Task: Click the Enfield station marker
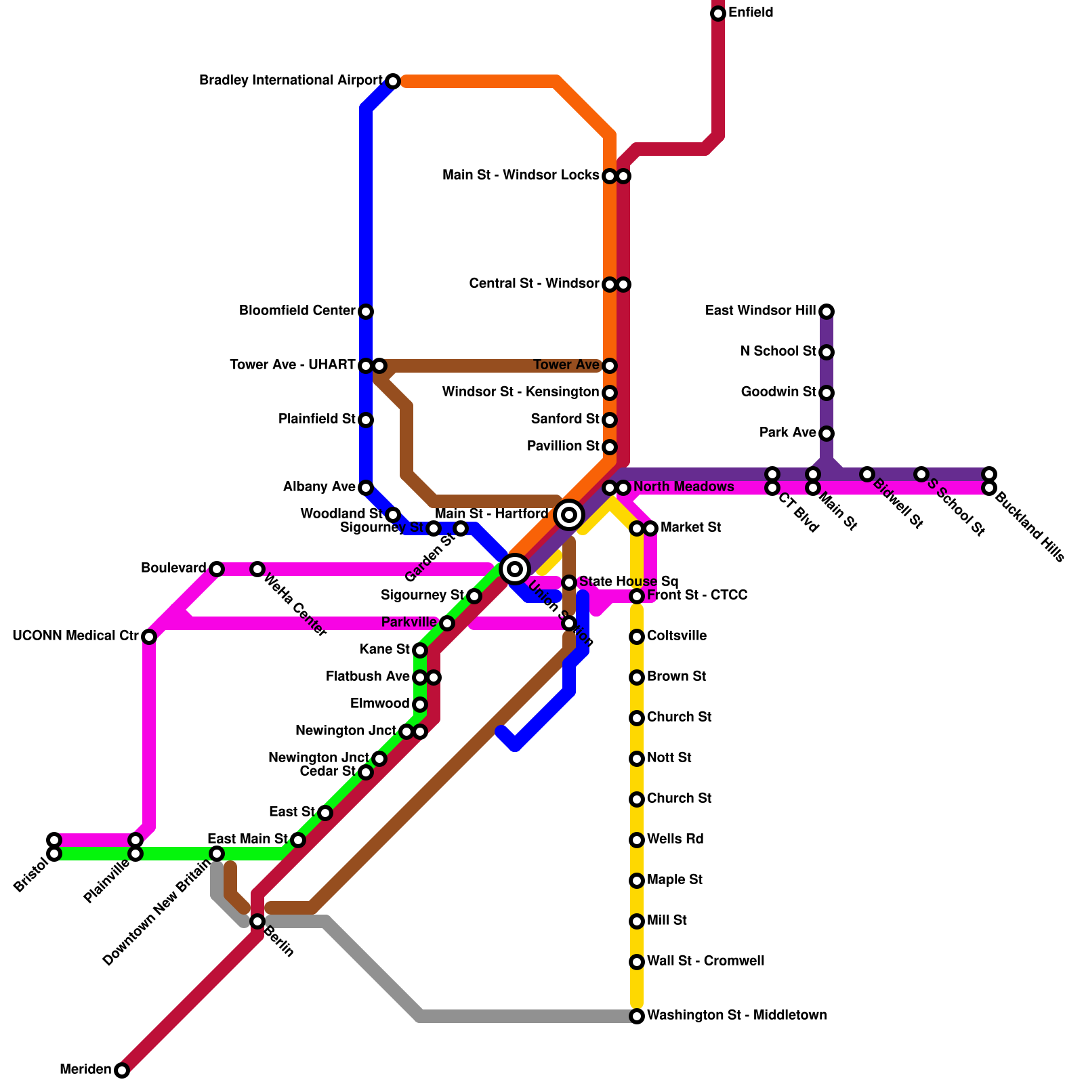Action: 718,14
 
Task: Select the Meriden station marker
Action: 122,1070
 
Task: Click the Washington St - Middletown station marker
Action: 637,1016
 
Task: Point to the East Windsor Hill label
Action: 760,311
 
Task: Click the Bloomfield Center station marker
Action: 366,312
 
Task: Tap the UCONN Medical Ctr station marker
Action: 149,637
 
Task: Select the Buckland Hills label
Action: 1030,529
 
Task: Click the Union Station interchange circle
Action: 515,569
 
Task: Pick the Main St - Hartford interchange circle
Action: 569,515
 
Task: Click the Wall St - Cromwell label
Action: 705,961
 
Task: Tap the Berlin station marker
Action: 257,921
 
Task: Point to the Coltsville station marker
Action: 637,637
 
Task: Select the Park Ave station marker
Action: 827,434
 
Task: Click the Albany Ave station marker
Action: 366,488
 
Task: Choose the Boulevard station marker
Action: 216,569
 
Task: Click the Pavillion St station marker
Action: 610,447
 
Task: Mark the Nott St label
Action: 669,758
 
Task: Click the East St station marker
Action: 325,813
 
